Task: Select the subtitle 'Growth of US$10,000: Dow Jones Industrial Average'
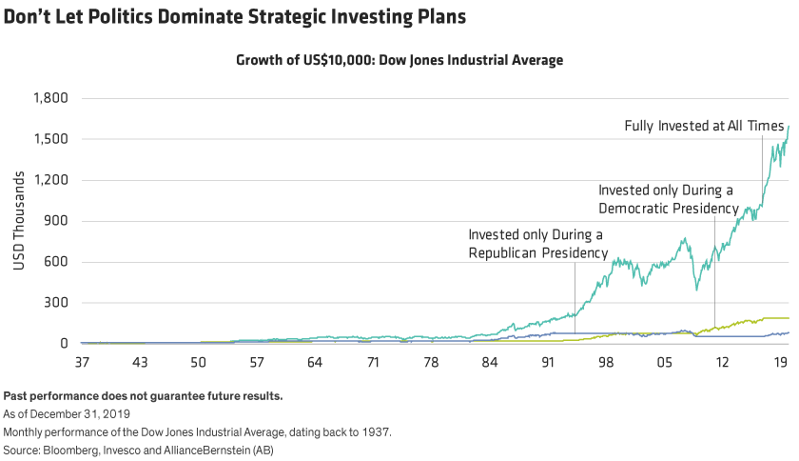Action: [x=399, y=60]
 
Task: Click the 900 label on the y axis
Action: [x=58, y=221]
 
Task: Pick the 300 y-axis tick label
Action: [x=58, y=303]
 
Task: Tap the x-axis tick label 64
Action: [x=315, y=363]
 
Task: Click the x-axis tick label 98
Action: [x=606, y=363]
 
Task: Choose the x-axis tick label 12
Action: [x=723, y=363]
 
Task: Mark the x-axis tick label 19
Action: [x=780, y=363]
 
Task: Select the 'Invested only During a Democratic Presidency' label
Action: [x=668, y=198]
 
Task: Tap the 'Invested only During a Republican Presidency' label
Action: [x=536, y=243]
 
